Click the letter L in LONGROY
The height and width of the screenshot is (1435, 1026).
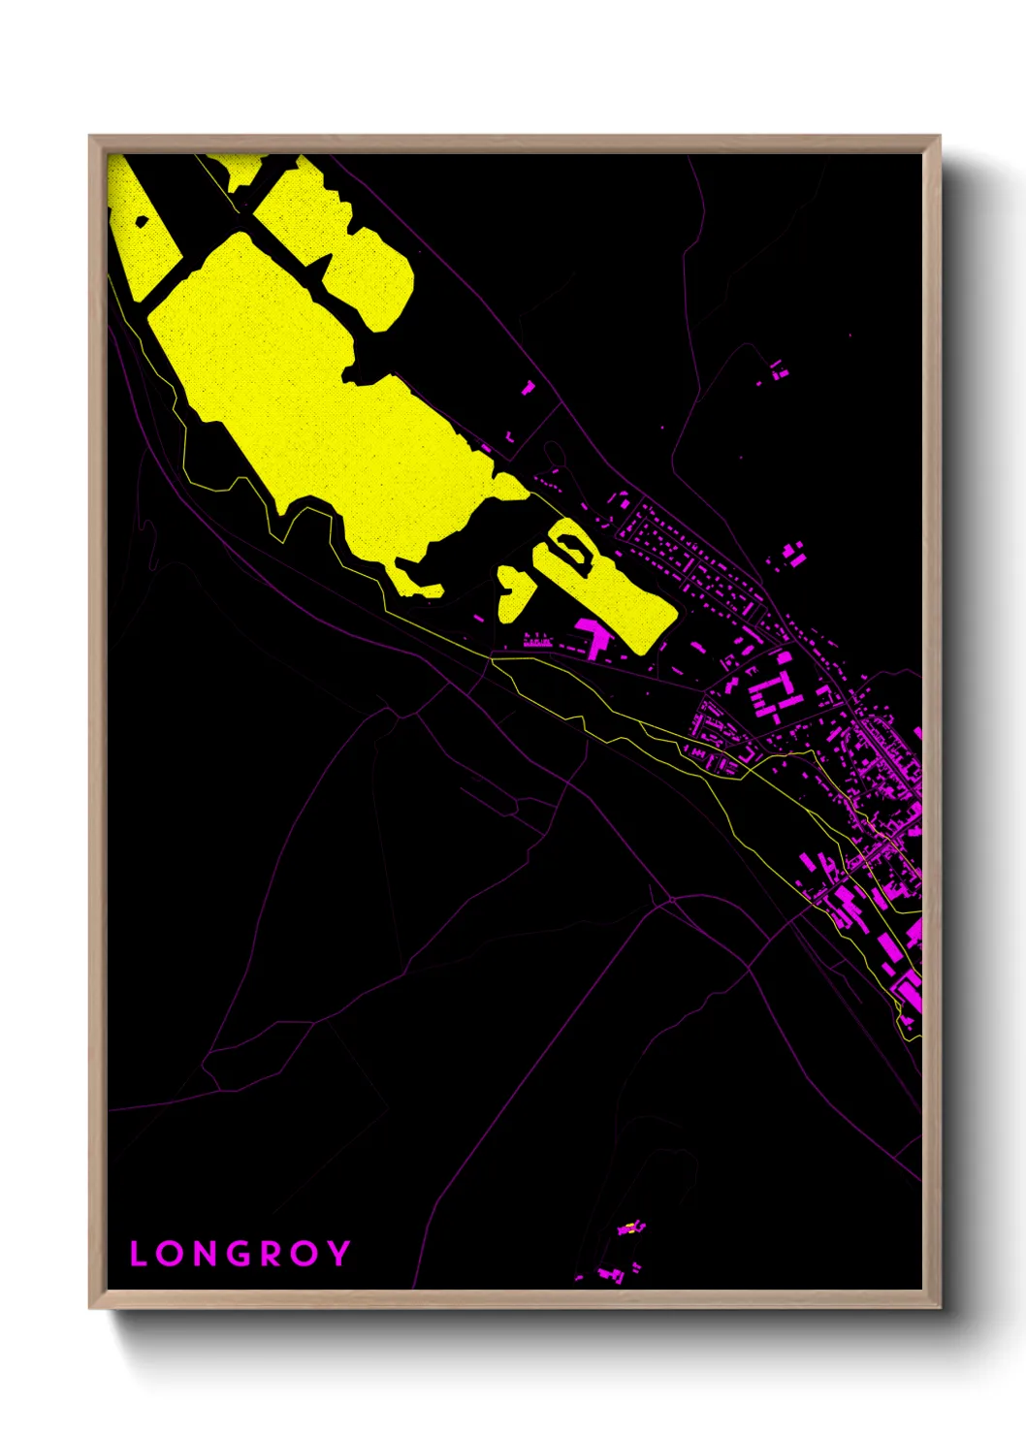click(x=138, y=1254)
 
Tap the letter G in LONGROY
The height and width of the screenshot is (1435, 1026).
click(x=236, y=1254)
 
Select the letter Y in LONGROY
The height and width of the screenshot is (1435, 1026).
click(x=337, y=1254)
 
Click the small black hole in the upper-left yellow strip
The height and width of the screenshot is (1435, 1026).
click(x=142, y=221)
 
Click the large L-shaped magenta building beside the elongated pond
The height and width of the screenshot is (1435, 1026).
click(x=592, y=636)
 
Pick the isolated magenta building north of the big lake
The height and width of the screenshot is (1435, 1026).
click(x=528, y=388)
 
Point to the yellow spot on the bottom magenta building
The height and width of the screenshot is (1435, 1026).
click(x=630, y=1228)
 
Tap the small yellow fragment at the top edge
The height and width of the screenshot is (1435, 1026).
click(x=242, y=170)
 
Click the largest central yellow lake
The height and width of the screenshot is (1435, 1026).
click(x=330, y=407)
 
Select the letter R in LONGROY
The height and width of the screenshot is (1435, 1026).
click(x=271, y=1254)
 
